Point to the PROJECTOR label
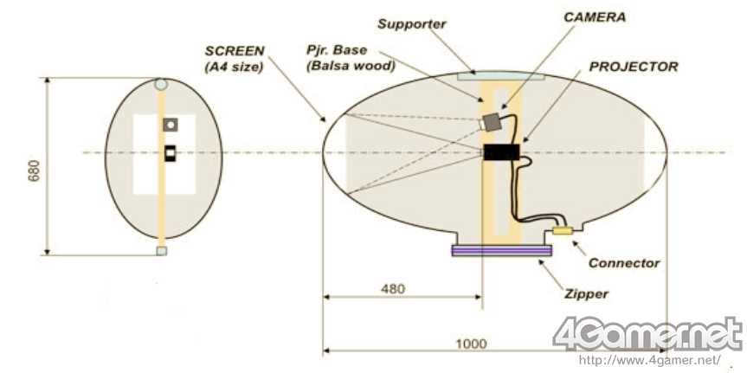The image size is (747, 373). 634,66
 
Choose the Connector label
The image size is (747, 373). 624,263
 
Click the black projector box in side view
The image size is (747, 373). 501,153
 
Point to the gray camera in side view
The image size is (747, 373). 494,121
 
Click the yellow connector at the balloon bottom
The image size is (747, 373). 563,231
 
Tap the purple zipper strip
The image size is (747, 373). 502,251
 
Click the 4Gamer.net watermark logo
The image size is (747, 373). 647,334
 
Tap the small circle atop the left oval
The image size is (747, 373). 161,85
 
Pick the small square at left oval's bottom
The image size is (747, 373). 161,251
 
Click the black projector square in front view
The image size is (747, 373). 171,154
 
